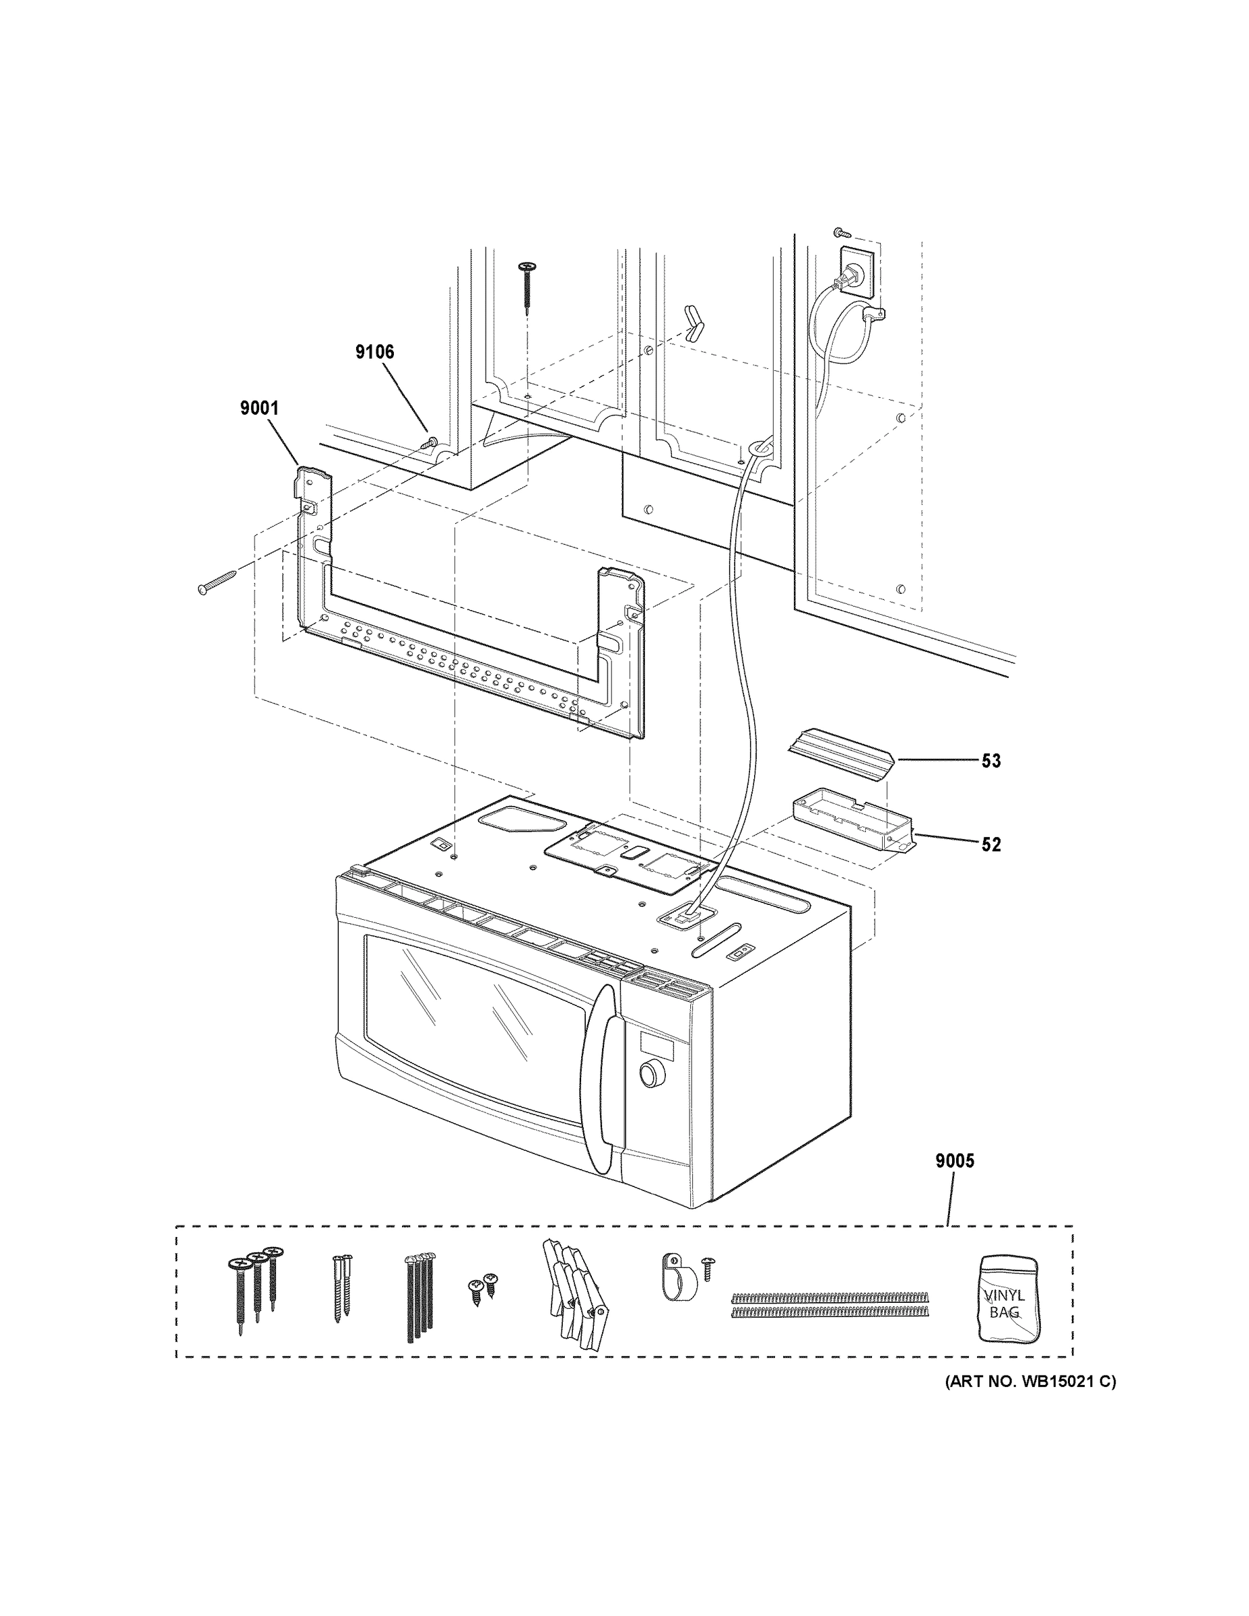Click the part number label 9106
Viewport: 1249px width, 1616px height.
tap(374, 352)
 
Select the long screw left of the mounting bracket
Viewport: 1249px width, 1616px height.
tap(217, 581)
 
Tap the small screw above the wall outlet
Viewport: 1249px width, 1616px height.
tap(840, 232)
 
